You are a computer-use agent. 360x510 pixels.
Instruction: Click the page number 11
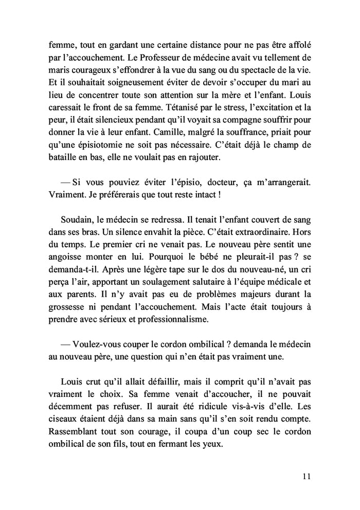point(307,476)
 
